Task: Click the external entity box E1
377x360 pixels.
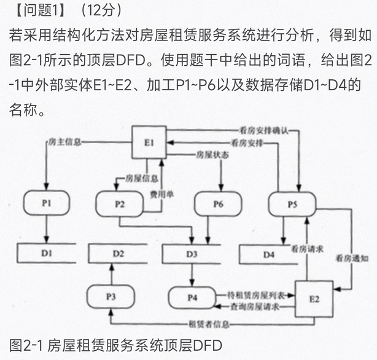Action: click(149, 142)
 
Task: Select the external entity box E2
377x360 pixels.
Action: click(314, 299)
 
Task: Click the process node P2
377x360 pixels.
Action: click(119, 205)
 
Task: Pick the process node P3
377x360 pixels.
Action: click(111, 296)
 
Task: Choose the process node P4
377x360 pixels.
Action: click(193, 298)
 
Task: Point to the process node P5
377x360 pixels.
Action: click(292, 205)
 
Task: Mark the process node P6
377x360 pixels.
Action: click(218, 205)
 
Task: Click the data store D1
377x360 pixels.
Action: click(47, 252)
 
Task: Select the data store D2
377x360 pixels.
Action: click(118, 252)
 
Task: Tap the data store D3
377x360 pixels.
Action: click(192, 252)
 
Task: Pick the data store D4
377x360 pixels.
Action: click(269, 253)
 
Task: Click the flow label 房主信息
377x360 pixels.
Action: click(64, 142)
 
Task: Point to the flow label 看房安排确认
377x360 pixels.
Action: click(261, 130)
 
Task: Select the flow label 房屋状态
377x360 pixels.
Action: click(212, 155)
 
